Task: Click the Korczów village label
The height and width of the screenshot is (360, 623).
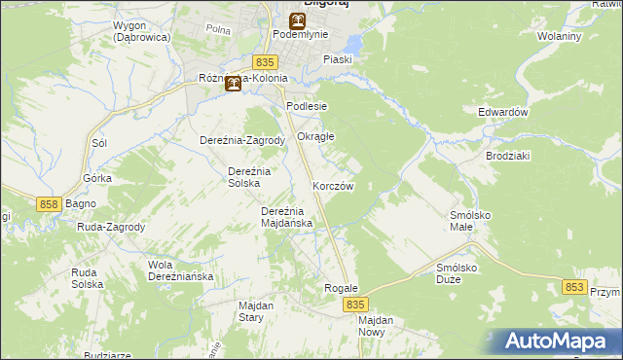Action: [x=332, y=186]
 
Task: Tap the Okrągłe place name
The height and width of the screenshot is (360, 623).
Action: [x=315, y=136]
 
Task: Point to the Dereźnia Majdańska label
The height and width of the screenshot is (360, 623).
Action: [x=286, y=217]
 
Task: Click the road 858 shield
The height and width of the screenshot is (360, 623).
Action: [x=51, y=204]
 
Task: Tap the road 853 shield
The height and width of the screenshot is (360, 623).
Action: [x=574, y=287]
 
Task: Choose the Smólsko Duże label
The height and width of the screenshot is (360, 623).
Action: [x=461, y=271]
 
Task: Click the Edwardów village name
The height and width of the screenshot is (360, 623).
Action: [x=502, y=112]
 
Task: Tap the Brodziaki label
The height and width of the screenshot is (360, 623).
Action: [x=505, y=156]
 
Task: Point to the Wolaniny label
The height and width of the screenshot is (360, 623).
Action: [x=559, y=37]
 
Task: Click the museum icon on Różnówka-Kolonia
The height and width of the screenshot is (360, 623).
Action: [x=233, y=84]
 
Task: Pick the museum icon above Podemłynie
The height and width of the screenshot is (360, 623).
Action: [x=297, y=20]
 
